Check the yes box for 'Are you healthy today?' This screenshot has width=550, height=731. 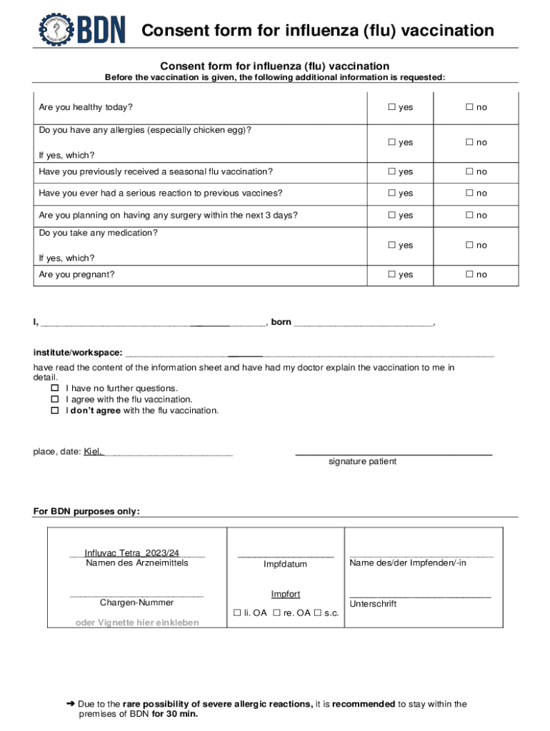392,107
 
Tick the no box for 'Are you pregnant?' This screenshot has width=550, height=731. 470,275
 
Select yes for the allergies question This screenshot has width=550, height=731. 392,143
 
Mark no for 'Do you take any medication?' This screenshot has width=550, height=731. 470,246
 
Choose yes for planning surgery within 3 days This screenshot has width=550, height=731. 392,216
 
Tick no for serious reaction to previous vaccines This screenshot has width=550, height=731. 470,193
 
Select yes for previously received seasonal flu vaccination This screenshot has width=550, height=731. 392,172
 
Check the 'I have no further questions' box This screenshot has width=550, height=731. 54,388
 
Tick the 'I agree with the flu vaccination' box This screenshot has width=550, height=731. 54,400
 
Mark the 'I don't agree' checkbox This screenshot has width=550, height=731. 54,411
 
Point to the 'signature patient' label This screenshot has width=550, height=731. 362,462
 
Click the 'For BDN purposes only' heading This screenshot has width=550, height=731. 86,512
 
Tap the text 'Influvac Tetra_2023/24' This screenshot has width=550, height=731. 131,553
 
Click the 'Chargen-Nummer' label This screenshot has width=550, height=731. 136,603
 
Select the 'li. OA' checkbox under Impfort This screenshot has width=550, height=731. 238,613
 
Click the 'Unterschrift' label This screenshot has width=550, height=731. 373,604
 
